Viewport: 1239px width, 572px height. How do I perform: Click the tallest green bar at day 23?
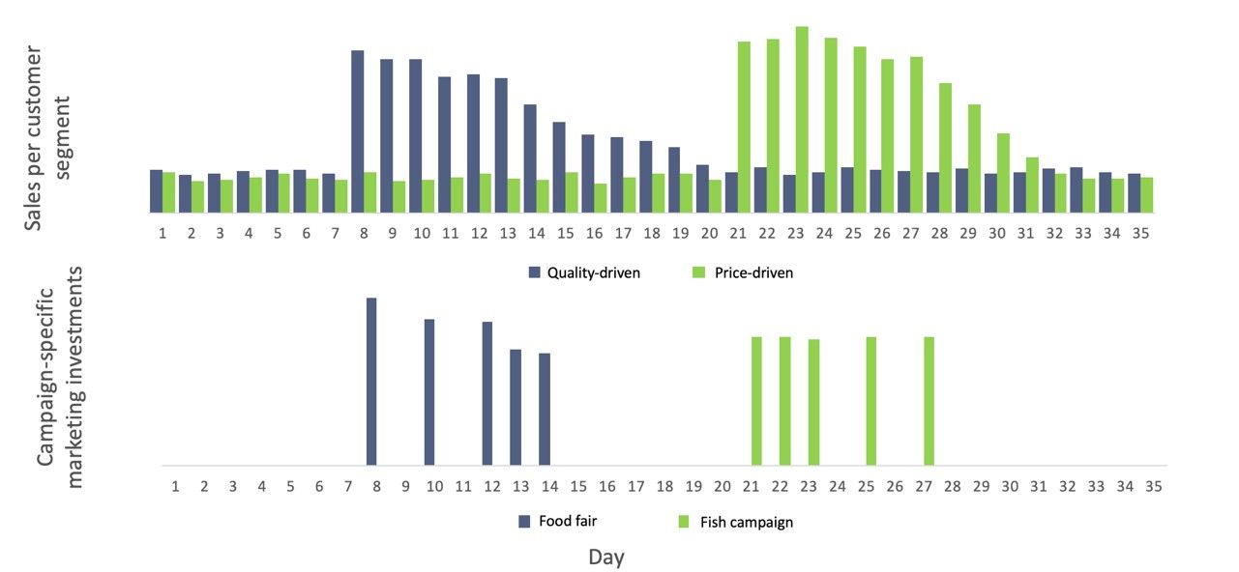click(802, 120)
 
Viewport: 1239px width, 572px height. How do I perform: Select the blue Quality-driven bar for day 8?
click(357, 131)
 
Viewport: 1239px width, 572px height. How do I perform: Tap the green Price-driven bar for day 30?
click(1003, 173)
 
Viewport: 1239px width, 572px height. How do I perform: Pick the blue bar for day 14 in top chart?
click(530, 158)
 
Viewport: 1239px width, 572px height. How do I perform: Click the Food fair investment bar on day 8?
click(371, 382)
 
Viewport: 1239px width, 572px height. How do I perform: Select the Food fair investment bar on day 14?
click(545, 409)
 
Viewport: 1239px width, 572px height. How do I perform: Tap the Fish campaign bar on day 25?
click(871, 401)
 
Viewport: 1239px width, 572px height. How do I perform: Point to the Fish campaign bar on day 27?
click(929, 401)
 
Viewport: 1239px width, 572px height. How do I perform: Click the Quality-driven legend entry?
click(584, 273)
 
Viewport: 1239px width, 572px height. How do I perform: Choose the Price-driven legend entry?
click(744, 273)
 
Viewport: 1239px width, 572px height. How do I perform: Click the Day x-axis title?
click(606, 558)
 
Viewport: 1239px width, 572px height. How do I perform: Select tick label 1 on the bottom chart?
click(175, 485)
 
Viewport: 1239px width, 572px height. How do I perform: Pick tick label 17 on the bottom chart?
click(635, 485)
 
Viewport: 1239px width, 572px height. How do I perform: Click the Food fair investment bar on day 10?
click(429, 392)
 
